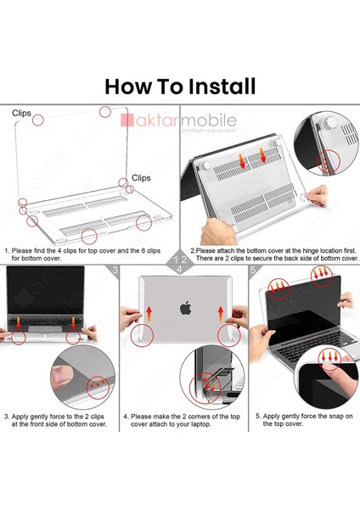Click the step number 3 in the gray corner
115,271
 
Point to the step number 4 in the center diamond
181,270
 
